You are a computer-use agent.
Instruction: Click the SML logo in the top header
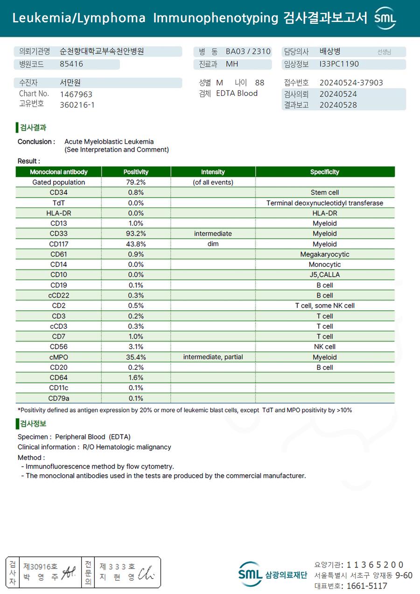click(385, 18)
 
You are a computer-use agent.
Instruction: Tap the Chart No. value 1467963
click(76, 94)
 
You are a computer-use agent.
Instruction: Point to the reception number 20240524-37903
click(351, 83)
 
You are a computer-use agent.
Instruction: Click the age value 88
click(259, 83)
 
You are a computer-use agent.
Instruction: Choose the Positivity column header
click(136, 172)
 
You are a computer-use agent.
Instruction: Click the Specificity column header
click(324, 172)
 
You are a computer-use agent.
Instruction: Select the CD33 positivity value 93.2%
click(136, 234)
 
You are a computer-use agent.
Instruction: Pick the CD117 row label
click(59, 244)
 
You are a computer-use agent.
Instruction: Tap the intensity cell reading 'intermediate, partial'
click(213, 357)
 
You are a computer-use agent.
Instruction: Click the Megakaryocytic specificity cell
click(324, 254)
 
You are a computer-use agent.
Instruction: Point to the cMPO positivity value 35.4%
click(136, 357)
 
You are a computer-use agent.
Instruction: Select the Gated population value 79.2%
click(136, 182)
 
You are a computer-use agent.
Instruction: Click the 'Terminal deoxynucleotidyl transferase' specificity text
click(324, 203)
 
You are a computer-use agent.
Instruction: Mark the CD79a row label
click(59, 398)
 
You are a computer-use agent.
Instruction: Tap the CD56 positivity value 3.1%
click(136, 347)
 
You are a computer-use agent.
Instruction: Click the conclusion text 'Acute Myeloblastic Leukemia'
click(109, 142)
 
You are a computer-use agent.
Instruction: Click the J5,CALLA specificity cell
click(324, 275)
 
